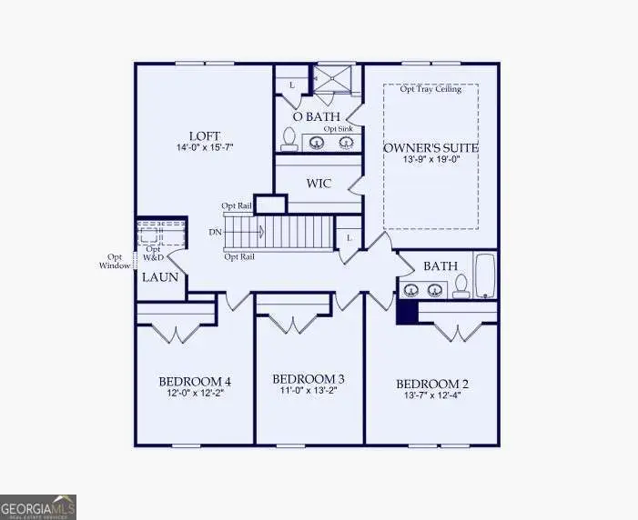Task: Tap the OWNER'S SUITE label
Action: pos(430,147)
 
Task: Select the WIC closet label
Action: pos(319,184)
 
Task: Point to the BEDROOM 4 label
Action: pos(195,381)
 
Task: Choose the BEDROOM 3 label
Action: pos(309,378)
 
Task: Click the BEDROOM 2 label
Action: pos(430,384)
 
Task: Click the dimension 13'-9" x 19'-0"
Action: pos(430,161)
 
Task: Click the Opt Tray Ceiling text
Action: pos(430,89)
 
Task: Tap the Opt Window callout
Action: pos(116,262)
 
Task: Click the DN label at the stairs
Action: pos(215,233)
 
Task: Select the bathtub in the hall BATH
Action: pos(484,275)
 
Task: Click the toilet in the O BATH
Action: pos(289,139)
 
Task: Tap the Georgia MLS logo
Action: pos(38,506)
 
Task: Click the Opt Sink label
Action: pos(339,129)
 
